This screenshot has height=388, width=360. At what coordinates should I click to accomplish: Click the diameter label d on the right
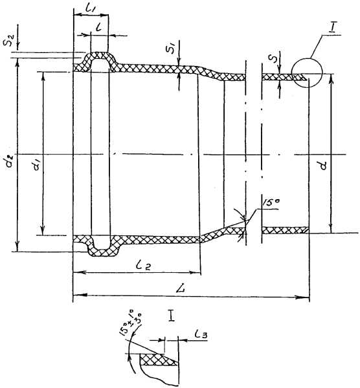pyautogui.click(x=322, y=165)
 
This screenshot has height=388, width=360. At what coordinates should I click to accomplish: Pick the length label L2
pyautogui.click(x=143, y=266)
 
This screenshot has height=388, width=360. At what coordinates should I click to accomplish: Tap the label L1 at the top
pyautogui.click(x=92, y=9)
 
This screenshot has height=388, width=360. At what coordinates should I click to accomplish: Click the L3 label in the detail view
pyautogui.click(x=201, y=335)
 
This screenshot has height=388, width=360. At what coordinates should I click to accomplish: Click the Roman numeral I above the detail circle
pyautogui.click(x=332, y=28)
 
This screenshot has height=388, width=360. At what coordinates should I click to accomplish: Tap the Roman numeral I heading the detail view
pyautogui.click(x=171, y=316)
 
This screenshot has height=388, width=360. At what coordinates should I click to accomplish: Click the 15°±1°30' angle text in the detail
pyautogui.click(x=131, y=322)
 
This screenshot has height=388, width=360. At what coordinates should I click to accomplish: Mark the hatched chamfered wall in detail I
pyautogui.click(x=158, y=360)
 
